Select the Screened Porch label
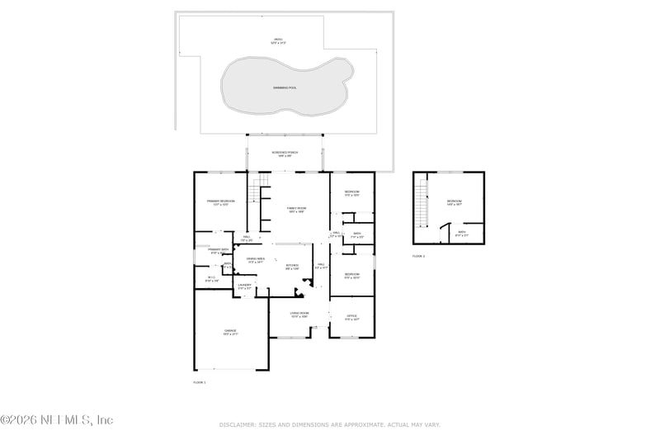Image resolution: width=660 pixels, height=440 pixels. pos(285,153)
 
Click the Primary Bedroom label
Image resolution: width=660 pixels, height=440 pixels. pos(220,201)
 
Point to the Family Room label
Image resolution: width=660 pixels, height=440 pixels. pos(295,209)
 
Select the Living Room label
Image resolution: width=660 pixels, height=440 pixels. pos(299,314)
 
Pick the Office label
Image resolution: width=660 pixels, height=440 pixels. pos(351,316)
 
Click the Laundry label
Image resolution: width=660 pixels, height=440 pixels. pos(244,286)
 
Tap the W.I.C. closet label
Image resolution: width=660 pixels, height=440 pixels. pos(211,278)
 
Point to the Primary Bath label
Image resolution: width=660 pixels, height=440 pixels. pos(218,250)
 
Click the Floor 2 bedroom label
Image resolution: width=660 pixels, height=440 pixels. pos(455,201)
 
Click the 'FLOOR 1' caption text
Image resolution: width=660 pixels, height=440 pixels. pos(199,382)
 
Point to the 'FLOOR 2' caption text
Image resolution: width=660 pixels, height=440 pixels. pos(418,256)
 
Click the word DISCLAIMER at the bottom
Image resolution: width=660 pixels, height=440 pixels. pos(237,424)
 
